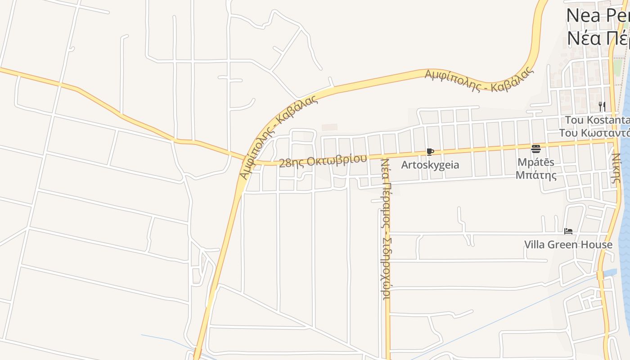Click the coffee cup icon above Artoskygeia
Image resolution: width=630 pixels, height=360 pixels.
(430, 152)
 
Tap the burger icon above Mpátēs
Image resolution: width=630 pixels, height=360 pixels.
(535, 148)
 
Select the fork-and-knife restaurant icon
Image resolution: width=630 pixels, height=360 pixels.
(602, 107)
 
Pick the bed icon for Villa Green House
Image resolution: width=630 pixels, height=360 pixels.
(568, 231)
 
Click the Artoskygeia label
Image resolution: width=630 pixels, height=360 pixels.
(430, 165)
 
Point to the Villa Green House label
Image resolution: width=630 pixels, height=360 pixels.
(568, 244)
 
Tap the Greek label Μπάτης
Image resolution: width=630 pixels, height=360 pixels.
(535, 175)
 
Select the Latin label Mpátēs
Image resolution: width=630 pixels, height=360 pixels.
(535, 162)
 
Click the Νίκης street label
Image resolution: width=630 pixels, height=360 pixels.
(616, 167)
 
